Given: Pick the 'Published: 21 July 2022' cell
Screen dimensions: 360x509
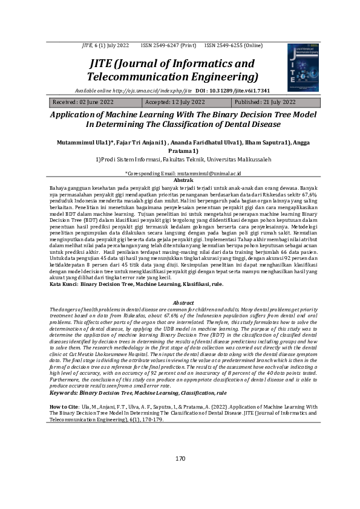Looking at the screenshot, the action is [x=265, y=103].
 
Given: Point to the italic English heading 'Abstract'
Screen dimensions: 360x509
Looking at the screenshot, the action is [x=183, y=302].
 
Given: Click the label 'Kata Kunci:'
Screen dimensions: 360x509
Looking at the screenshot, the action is [x=63, y=283].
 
